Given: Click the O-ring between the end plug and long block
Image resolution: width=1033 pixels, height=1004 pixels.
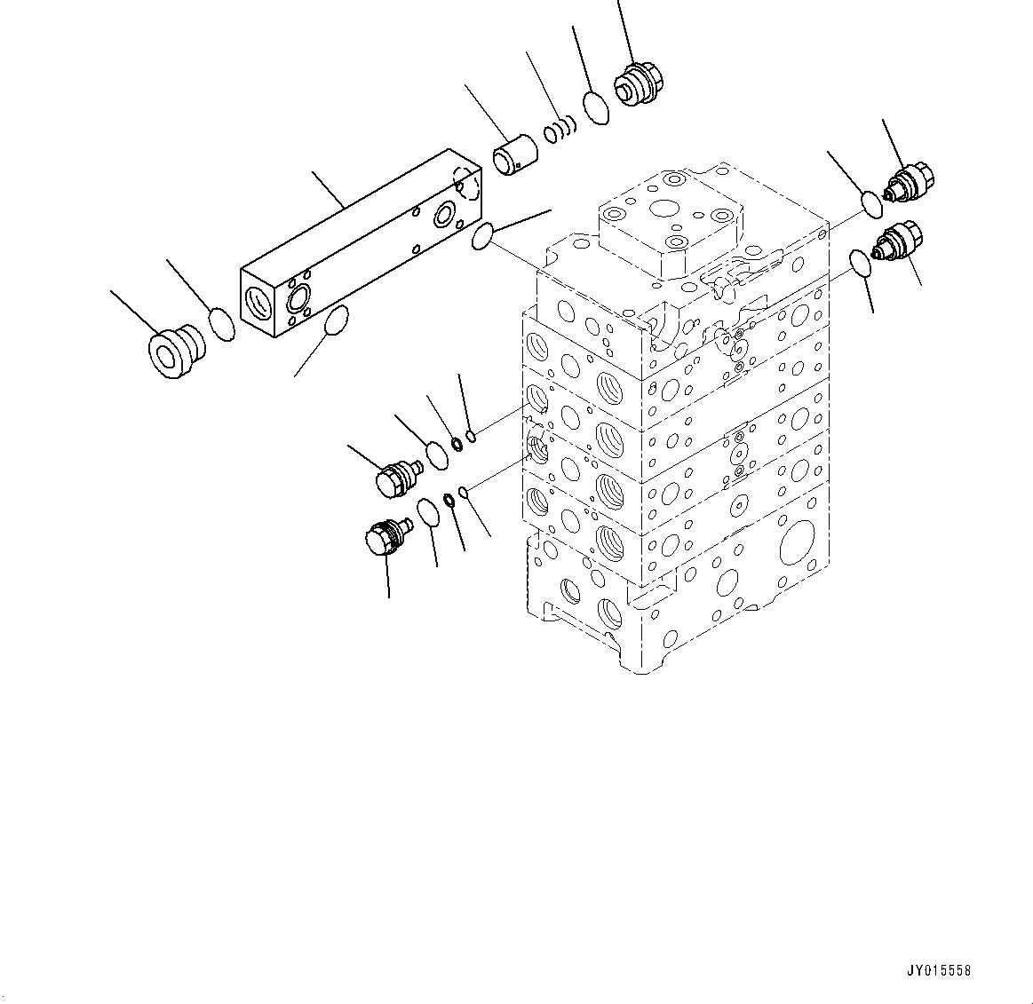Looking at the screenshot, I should tap(222, 324).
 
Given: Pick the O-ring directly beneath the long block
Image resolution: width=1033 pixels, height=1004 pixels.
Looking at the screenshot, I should tap(336, 320).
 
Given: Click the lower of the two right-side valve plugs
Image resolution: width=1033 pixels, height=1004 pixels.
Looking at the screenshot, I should tap(899, 244).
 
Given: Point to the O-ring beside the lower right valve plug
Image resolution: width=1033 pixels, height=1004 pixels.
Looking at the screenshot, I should tap(861, 264).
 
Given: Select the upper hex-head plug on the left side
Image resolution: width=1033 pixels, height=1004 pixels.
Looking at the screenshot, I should tap(395, 478).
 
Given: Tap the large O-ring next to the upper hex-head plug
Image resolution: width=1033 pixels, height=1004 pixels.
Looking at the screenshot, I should tap(436, 455).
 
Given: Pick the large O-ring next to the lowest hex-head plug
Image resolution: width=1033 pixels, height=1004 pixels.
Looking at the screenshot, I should tap(427, 512).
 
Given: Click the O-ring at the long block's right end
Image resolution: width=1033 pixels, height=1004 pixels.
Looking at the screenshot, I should tap(482, 237).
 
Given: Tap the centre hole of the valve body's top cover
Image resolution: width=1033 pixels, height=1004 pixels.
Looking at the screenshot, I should tap(664, 210).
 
